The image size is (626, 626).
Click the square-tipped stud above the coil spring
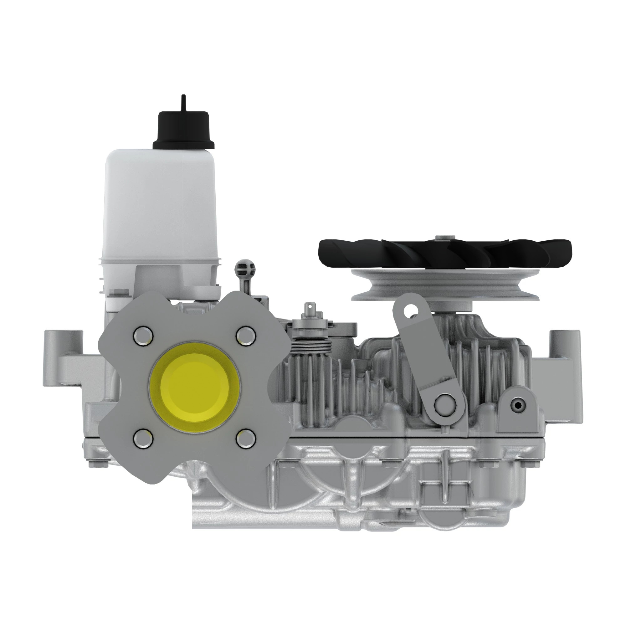tap(310, 308)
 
